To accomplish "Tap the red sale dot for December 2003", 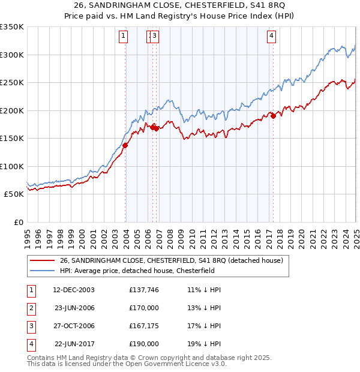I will [125, 145].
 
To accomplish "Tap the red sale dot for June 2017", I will [273, 116].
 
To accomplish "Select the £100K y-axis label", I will [12, 166].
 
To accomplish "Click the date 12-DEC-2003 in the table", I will [74, 290].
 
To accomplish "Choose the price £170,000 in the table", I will [144, 308].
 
